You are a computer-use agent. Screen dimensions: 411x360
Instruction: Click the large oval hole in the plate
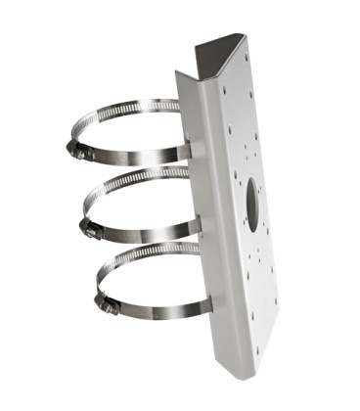251,204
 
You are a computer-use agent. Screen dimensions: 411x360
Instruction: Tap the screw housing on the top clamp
79,151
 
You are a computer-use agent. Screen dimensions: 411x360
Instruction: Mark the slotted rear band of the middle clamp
137,180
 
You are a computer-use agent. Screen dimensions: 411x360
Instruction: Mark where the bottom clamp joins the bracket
202,306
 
